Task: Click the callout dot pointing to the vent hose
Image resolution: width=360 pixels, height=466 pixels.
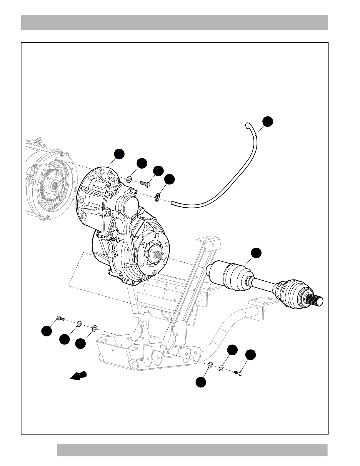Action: click(x=267, y=122)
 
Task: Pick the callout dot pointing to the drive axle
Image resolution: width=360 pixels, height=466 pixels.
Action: click(x=256, y=253)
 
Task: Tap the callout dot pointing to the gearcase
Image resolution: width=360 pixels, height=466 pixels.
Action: click(x=119, y=154)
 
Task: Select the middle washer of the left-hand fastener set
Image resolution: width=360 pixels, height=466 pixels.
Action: click(x=79, y=324)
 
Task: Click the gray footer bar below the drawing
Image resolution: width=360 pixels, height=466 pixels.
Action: click(x=192, y=450)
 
